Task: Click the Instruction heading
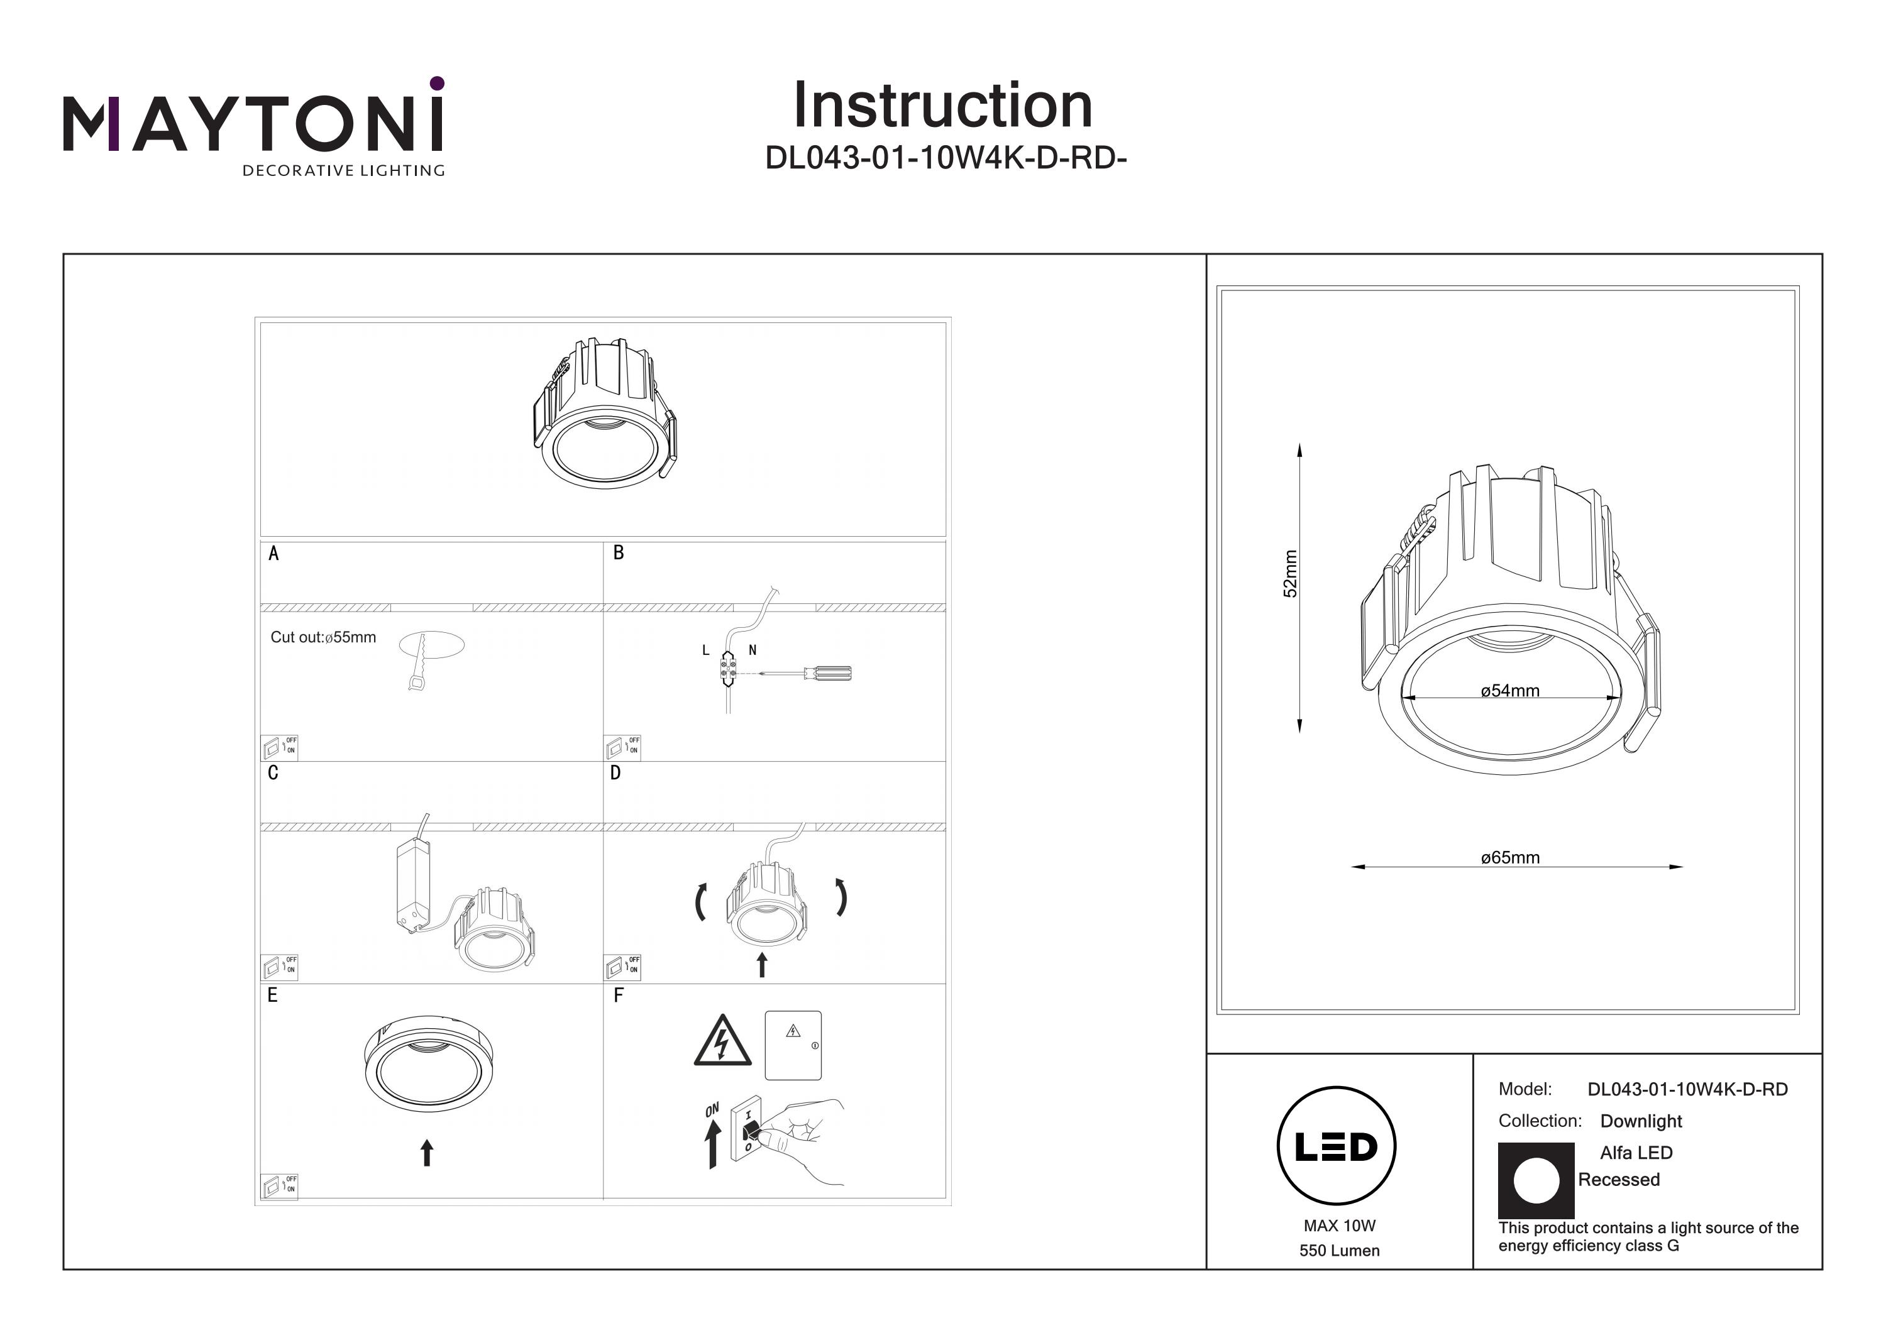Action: coord(942,106)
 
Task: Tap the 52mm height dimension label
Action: coord(1291,573)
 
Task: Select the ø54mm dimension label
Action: coord(1510,691)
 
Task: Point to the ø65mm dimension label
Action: coord(1510,857)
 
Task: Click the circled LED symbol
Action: coord(1336,1146)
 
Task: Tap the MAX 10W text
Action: coord(1339,1226)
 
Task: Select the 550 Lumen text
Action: coord(1339,1251)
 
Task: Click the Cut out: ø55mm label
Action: coord(323,637)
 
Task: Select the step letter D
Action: coord(615,773)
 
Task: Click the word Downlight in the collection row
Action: coord(1640,1121)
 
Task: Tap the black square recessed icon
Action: coord(1535,1180)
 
